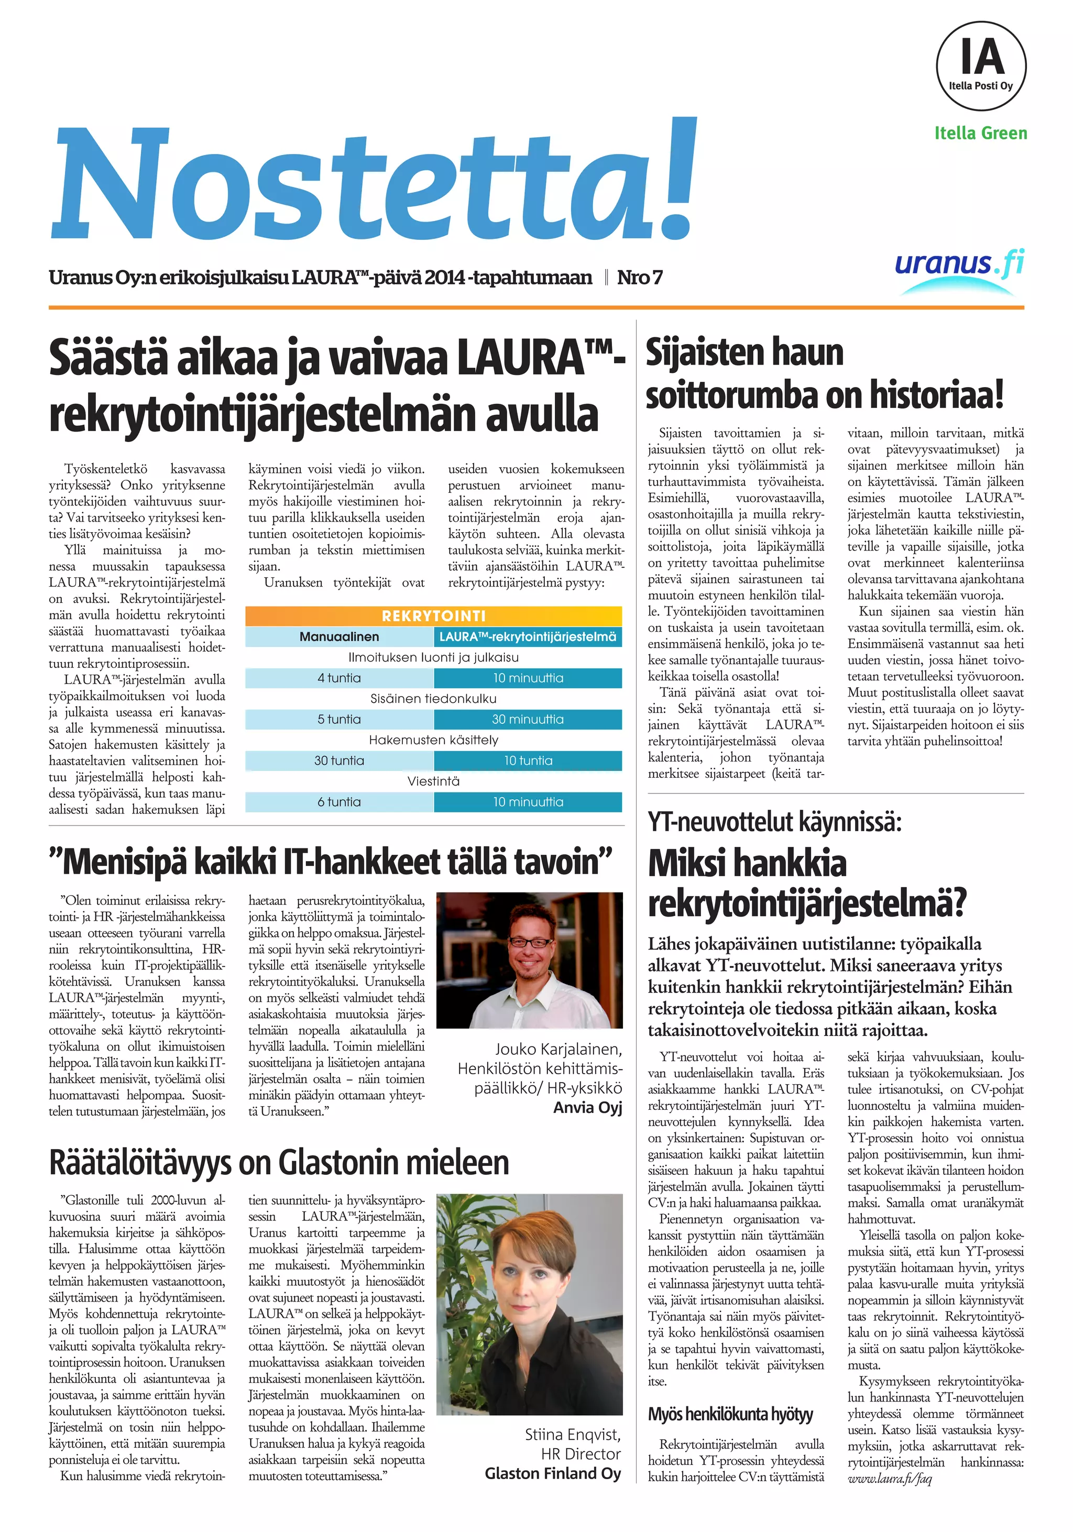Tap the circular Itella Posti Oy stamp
coord(980,65)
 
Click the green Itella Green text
coord(980,134)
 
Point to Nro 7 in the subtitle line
coord(639,278)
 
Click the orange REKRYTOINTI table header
coord(433,616)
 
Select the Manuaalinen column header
coord(339,636)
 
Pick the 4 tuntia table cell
coord(339,678)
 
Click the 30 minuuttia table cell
coord(527,719)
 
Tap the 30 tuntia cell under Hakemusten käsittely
coord(339,761)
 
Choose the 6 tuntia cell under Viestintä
coord(339,802)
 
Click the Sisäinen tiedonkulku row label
coord(433,699)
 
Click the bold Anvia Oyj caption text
coord(587,1108)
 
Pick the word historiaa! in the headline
coord(941,395)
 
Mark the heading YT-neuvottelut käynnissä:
coord(774,822)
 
